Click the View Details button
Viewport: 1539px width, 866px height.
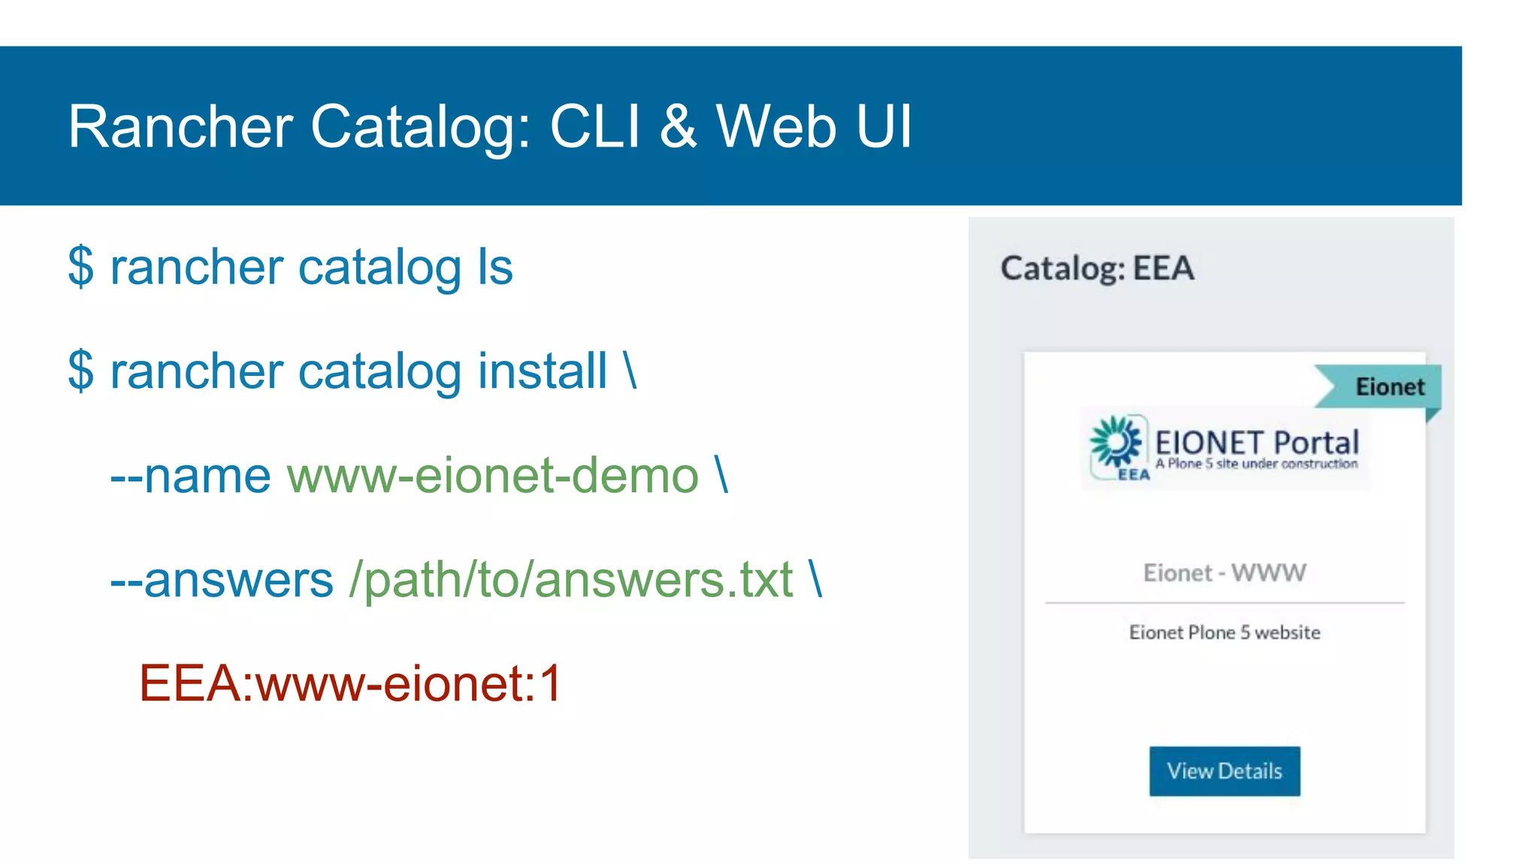point(1224,771)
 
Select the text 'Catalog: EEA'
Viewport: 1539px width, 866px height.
point(1097,268)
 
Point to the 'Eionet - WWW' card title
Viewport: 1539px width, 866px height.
point(1224,573)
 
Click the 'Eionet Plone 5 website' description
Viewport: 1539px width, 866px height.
point(1224,632)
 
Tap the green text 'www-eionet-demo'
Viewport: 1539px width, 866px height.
point(493,475)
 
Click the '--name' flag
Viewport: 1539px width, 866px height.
point(190,475)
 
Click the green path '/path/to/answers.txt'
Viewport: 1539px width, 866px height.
point(571,580)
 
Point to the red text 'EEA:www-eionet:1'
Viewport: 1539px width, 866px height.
point(350,683)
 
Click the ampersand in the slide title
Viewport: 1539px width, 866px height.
point(678,126)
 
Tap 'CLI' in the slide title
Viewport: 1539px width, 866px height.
point(595,126)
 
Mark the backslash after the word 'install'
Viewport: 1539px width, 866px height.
point(630,371)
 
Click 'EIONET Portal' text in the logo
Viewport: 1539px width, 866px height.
point(1256,442)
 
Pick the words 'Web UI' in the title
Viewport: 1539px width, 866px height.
point(814,126)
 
